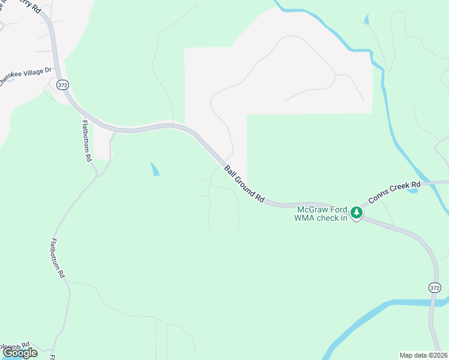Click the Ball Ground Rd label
(x=244, y=184)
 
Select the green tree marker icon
(x=357, y=212)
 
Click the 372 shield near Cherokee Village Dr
(x=62, y=85)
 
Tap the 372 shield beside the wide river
(x=435, y=288)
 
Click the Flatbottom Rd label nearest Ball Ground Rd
(x=86, y=141)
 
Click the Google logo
(x=20, y=353)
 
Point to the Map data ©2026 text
(x=422, y=355)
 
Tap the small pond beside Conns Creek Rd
(x=412, y=191)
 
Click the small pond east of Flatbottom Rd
(x=155, y=169)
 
